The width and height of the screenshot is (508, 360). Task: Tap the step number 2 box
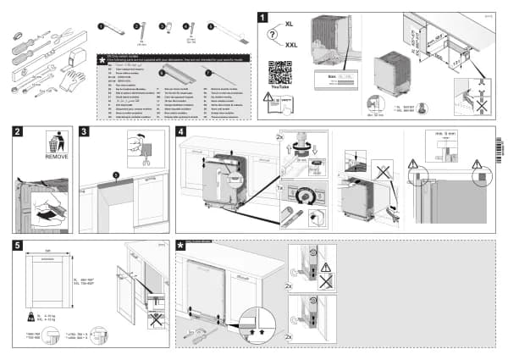click(19, 132)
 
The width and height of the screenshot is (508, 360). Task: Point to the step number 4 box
click(181, 132)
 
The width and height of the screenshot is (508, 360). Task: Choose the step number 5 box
click(19, 246)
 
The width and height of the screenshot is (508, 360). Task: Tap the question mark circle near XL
click(272, 35)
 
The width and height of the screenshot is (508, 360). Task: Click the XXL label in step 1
click(291, 43)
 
